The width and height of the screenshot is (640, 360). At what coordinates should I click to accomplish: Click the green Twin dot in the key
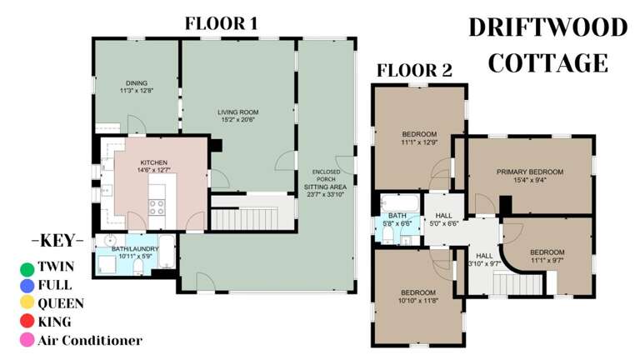point(27,267)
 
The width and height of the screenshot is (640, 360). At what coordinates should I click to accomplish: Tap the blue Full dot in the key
point(27,286)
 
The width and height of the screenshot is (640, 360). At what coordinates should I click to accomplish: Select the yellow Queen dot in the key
point(27,303)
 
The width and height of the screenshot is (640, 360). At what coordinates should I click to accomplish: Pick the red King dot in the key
point(27,322)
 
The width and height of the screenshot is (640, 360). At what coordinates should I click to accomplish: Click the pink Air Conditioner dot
point(27,340)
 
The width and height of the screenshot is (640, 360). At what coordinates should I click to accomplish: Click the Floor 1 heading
point(220,24)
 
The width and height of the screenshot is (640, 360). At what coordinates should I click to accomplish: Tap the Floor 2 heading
point(414,70)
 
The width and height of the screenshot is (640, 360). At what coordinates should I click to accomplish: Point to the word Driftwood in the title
point(547,27)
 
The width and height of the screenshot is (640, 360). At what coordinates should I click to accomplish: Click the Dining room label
point(137,83)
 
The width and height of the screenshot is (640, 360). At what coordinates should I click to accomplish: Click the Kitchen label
point(154,162)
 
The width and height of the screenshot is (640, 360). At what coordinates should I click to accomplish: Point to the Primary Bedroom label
point(530,172)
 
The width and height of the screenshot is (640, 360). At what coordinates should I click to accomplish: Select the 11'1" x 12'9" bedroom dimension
point(419,142)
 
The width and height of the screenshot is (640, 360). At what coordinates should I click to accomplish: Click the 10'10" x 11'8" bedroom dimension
point(419,300)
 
